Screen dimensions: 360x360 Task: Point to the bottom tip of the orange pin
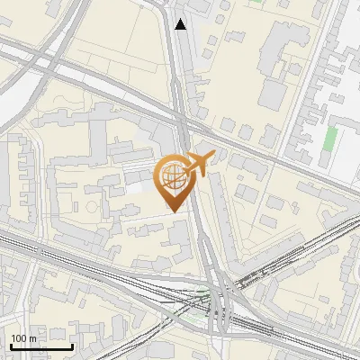coord(173,211)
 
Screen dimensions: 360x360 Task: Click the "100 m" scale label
coord(23,338)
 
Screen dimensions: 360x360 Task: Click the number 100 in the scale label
coord(19,338)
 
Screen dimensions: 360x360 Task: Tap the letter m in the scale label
coord(32,338)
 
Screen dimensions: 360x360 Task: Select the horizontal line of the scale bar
coord(41,346)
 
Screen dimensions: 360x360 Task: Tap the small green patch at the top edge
coord(258,3)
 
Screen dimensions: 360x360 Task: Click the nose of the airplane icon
coord(211,156)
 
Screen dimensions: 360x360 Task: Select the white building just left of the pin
coord(135,186)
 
